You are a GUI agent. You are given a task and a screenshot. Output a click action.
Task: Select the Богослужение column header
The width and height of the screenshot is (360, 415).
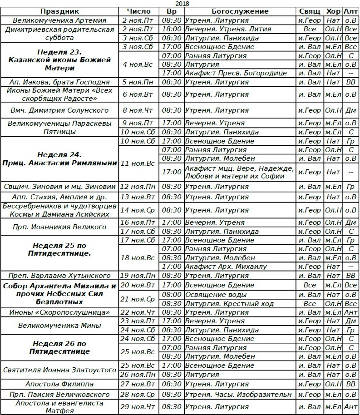pyautogui.click(x=240, y=11)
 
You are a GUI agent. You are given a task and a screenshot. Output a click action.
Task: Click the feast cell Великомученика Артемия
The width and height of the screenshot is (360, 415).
pyautogui.click(x=59, y=20)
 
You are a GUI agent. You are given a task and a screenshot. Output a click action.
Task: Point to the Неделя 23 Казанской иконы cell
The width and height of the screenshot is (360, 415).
pyautogui.click(x=59, y=60)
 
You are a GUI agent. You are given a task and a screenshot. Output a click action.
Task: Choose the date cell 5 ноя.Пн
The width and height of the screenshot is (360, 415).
pyautogui.click(x=138, y=82)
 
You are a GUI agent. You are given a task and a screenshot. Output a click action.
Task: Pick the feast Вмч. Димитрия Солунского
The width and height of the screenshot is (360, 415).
pyautogui.click(x=59, y=110)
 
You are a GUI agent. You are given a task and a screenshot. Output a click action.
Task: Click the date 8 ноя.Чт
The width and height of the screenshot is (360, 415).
pyautogui.click(x=138, y=110)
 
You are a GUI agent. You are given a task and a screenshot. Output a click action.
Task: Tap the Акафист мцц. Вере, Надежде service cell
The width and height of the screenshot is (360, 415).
pyautogui.click(x=240, y=172)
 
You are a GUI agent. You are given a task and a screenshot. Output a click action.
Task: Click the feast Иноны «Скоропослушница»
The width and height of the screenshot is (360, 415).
pyautogui.click(x=59, y=312)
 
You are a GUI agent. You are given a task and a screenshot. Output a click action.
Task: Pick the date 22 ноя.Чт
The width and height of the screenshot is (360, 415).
pyautogui.click(x=138, y=312)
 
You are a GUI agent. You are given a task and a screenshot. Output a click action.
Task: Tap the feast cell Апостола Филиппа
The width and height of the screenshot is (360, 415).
pyautogui.click(x=59, y=384)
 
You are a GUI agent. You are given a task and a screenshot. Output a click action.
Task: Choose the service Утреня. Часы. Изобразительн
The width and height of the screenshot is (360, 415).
pyautogui.click(x=239, y=394)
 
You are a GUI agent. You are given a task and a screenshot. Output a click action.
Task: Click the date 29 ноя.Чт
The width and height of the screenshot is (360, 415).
pyautogui.click(x=138, y=407)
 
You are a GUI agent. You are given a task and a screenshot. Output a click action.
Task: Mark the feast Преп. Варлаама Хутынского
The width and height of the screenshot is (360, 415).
pyautogui.click(x=59, y=276)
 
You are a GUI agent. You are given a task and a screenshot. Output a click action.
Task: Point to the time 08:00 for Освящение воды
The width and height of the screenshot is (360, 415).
pyautogui.click(x=171, y=295)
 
